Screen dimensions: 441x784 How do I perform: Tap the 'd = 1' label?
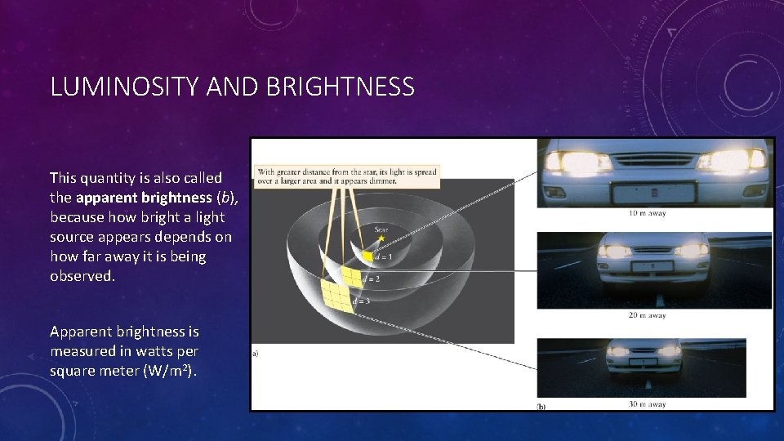point(383,257)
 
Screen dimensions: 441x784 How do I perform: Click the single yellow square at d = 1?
point(367,256)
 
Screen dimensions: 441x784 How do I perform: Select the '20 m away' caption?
point(647,315)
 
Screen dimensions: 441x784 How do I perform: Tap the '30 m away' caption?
point(647,403)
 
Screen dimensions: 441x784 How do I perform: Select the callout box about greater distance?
point(347,177)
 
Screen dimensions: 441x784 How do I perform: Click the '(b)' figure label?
point(541,405)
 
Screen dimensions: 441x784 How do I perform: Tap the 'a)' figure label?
point(256,354)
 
